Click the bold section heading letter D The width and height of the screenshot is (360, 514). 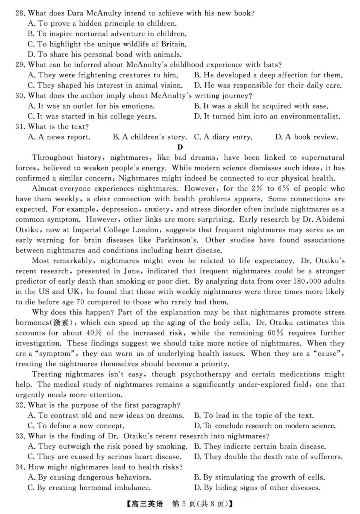pyautogui.click(x=180, y=147)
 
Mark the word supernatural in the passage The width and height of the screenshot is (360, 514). pyautogui.click(x=323, y=158)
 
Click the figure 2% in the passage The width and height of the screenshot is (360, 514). pyautogui.click(x=257, y=189)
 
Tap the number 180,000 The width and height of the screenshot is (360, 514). pyautogui.click(x=316, y=281)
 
